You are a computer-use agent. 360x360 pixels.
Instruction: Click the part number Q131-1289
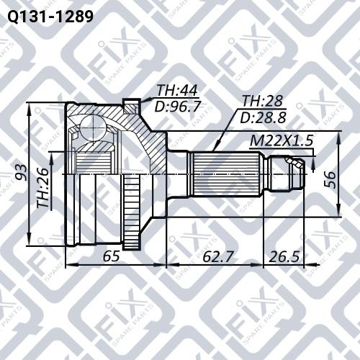click(x=48, y=15)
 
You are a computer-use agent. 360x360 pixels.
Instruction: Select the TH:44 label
click(x=177, y=91)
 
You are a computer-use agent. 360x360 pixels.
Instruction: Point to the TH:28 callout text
click(x=262, y=102)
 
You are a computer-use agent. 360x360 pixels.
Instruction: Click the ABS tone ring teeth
click(x=131, y=213)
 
